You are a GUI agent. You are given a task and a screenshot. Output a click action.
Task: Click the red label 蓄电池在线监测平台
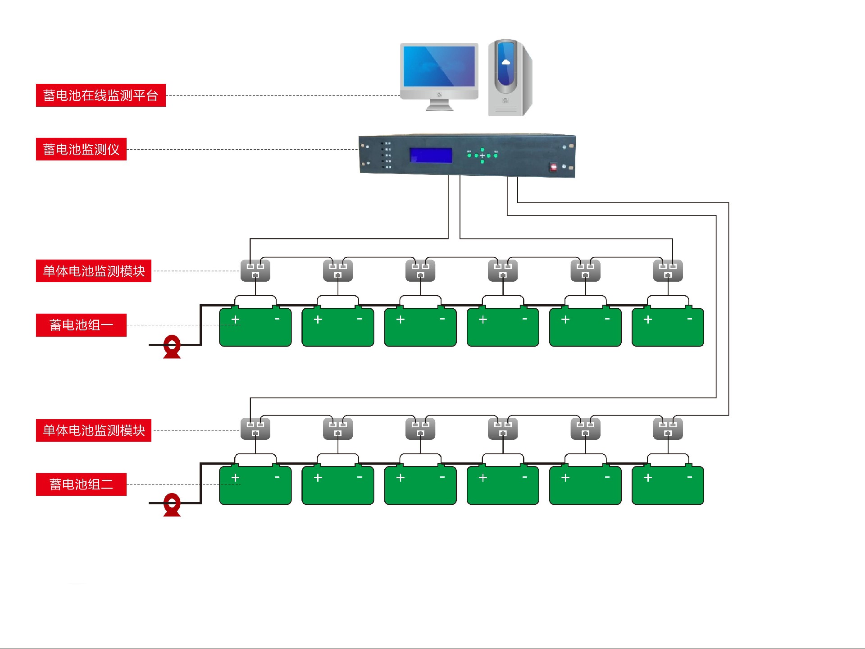(x=100, y=95)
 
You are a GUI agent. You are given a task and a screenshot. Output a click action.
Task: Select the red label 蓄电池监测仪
(x=81, y=149)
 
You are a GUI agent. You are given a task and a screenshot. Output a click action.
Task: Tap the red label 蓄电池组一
(x=81, y=325)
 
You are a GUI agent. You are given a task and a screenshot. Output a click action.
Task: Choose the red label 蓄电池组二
(x=81, y=484)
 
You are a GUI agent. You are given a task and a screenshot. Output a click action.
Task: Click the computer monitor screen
(x=439, y=66)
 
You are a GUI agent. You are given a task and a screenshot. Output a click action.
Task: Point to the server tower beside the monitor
(x=510, y=78)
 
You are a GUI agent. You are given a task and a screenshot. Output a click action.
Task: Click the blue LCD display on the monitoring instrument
(x=430, y=155)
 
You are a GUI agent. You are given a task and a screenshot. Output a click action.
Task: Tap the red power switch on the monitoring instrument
(x=554, y=167)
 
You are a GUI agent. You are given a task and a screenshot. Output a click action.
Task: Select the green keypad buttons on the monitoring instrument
(x=482, y=155)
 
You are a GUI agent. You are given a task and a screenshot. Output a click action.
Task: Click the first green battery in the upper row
(x=255, y=327)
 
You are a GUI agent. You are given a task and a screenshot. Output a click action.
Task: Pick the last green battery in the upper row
(x=668, y=327)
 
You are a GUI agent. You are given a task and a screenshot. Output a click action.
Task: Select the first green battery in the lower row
(x=255, y=485)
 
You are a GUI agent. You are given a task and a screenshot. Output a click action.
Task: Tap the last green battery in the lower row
(x=668, y=485)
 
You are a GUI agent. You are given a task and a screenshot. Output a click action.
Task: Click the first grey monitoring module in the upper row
(x=255, y=270)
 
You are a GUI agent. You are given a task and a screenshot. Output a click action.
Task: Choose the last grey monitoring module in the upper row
(x=668, y=270)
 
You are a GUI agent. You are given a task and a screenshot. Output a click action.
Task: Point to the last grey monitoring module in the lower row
(x=668, y=429)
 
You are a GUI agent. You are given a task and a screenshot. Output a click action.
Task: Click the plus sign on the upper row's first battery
(x=235, y=320)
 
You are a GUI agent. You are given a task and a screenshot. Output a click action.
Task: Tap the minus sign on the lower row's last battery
(x=690, y=477)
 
